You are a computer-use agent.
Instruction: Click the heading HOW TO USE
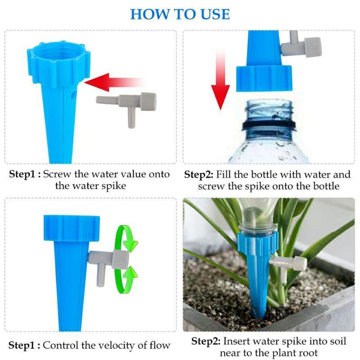[x=180, y=14]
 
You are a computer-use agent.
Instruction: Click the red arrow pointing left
[x=115, y=82]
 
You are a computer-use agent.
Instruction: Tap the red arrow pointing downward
[x=220, y=81]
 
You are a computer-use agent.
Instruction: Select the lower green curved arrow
[x=126, y=280]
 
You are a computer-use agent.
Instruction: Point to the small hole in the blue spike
[x=73, y=94]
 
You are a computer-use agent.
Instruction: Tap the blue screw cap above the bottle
[x=264, y=78]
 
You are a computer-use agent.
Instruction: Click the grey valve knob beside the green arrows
[x=120, y=260]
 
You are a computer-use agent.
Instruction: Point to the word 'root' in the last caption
[x=308, y=353]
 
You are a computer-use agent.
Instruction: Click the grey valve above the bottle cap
[x=301, y=46]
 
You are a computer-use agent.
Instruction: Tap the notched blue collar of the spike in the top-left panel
[x=58, y=64]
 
